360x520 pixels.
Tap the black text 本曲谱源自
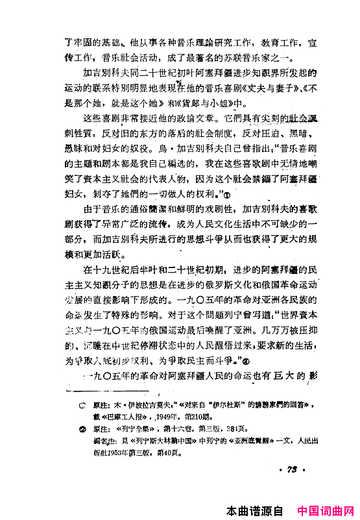click(x=256, y=511)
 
